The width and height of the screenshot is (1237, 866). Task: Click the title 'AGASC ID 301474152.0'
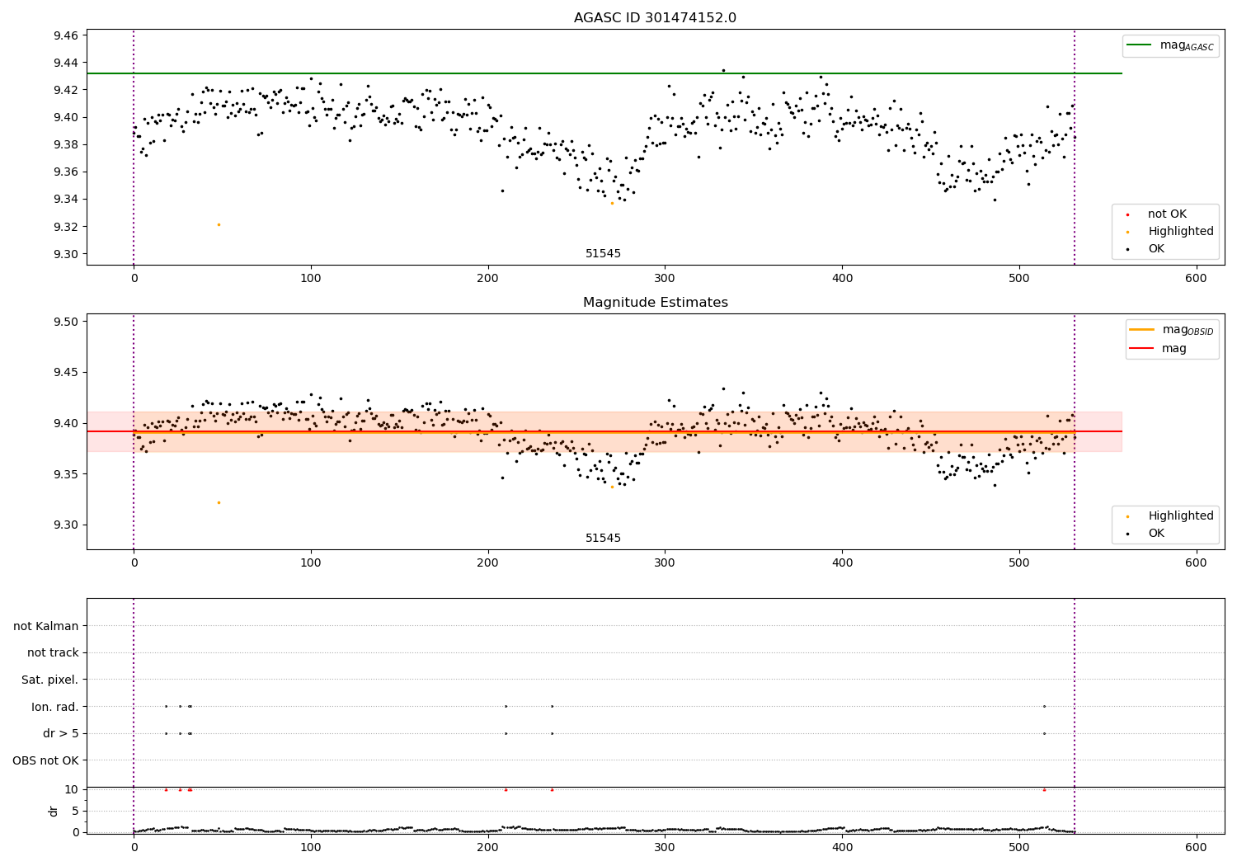(655, 18)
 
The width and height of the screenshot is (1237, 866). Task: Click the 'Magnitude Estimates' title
(655, 303)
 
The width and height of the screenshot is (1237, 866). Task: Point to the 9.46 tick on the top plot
(66, 35)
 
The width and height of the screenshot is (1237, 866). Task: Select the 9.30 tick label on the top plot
(66, 254)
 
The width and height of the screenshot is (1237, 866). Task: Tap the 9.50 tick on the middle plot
(66, 322)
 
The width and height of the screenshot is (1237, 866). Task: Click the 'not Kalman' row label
(46, 626)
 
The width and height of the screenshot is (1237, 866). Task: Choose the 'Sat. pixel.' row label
(49, 680)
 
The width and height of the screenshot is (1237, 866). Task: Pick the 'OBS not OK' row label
(45, 760)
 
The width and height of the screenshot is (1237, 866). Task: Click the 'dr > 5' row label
(61, 733)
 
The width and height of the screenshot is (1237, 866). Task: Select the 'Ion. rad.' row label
(55, 707)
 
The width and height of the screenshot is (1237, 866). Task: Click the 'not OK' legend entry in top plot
(1167, 214)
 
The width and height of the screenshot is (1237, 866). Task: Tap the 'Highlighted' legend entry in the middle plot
(1180, 515)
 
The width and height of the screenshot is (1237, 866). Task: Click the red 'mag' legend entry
(1174, 348)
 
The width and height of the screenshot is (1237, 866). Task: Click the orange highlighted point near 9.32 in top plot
(219, 224)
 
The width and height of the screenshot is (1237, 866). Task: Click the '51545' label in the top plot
(603, 253)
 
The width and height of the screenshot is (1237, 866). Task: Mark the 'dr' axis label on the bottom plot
(54, 811)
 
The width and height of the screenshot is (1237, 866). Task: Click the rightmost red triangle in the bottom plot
(1044, 789)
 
